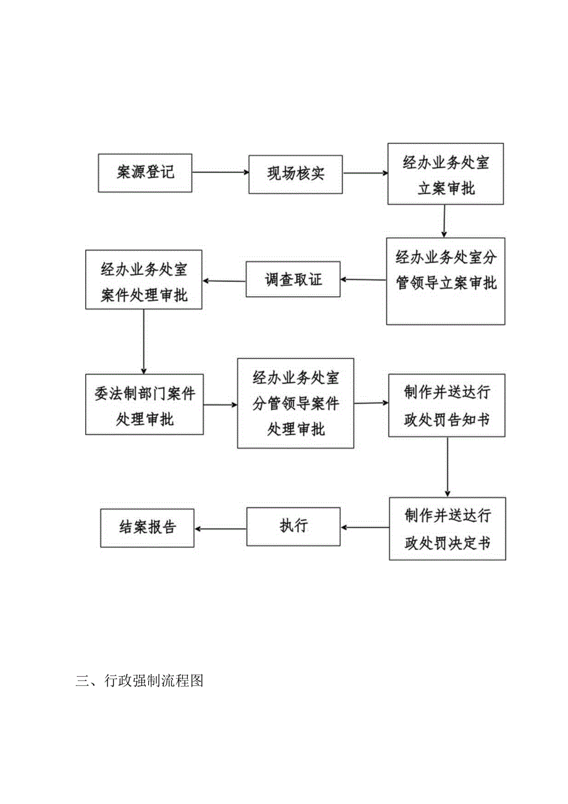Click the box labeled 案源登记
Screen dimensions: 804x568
[x=145, y=172]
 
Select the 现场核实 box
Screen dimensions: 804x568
[x=296, y=174]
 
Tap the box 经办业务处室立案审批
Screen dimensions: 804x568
[x=446, y=174]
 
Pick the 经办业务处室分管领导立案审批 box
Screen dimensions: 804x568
[x=446, y=281]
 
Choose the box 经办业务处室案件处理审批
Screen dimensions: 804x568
[x=144, y=280]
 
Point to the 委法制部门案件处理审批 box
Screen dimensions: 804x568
[x=144, y=404]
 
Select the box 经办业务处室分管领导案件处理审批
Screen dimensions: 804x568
[x=295, y=403]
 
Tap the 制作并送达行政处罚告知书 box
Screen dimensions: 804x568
[x=447, y=405]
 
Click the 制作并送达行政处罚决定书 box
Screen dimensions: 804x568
[x=447, y=528]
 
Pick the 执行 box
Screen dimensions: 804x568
[x=293, y=527]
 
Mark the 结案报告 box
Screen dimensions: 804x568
[x=147, y=527]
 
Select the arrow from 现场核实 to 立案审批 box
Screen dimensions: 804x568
[x=365, y=174]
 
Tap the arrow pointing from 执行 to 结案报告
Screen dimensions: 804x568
[x=220, y=528]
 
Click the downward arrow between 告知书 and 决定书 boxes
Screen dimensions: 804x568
[x=447, y=467]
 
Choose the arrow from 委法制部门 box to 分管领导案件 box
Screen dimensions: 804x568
[x=220, y=405]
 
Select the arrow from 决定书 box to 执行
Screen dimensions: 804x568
[x=364, y=528]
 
